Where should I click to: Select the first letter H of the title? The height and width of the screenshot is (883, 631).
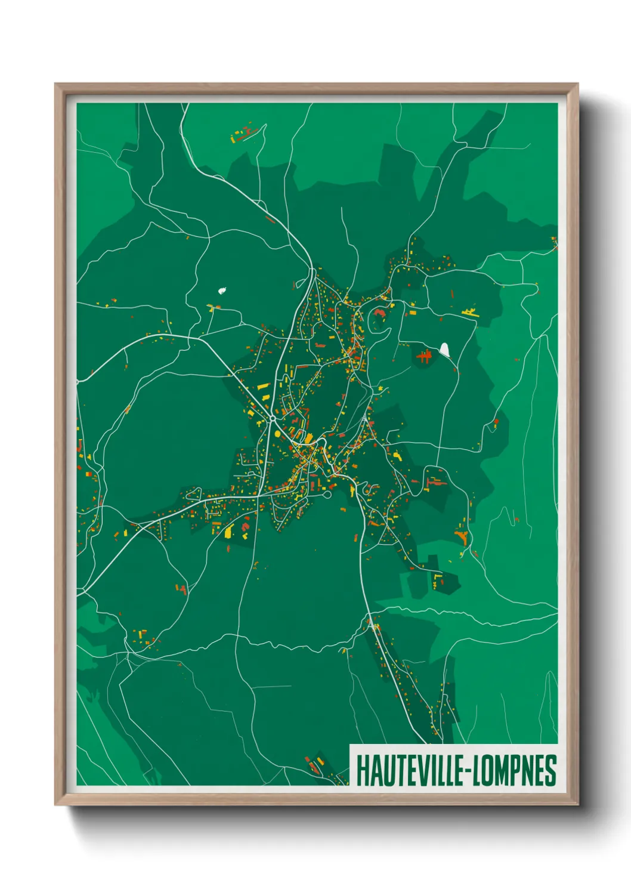(x=362, y=771)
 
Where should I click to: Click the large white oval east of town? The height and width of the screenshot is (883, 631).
(x=444, y=348)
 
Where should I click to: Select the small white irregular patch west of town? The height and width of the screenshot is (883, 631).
(x=224, y=291)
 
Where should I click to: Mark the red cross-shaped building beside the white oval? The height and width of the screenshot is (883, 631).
(x=424, y=357)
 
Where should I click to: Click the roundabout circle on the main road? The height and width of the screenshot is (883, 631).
(x=272, y=419)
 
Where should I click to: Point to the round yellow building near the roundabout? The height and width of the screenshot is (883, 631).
(x=308, y=439)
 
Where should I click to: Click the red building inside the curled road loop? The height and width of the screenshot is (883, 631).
(x=379, y=312)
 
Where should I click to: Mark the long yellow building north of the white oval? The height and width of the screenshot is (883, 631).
(x=470, y=311)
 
